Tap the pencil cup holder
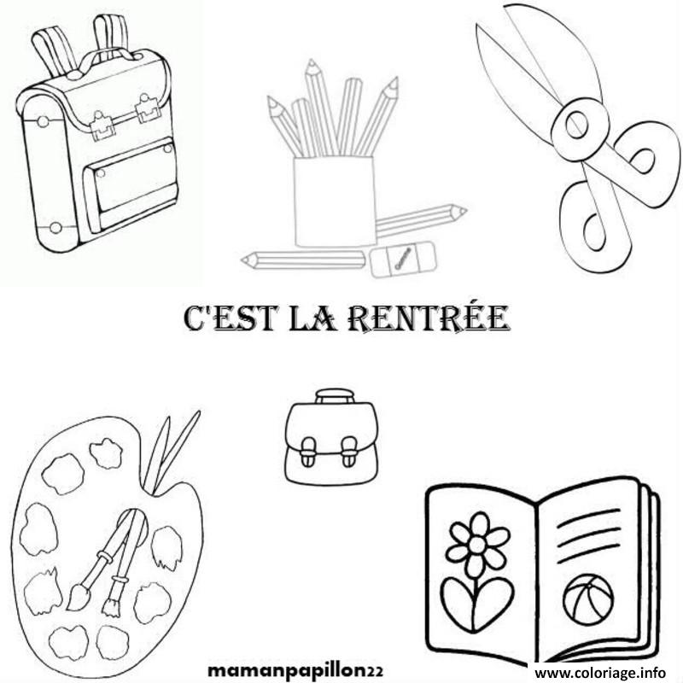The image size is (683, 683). point(334,201)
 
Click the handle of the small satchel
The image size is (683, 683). point(334,394)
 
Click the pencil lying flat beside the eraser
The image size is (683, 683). point(303,259)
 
